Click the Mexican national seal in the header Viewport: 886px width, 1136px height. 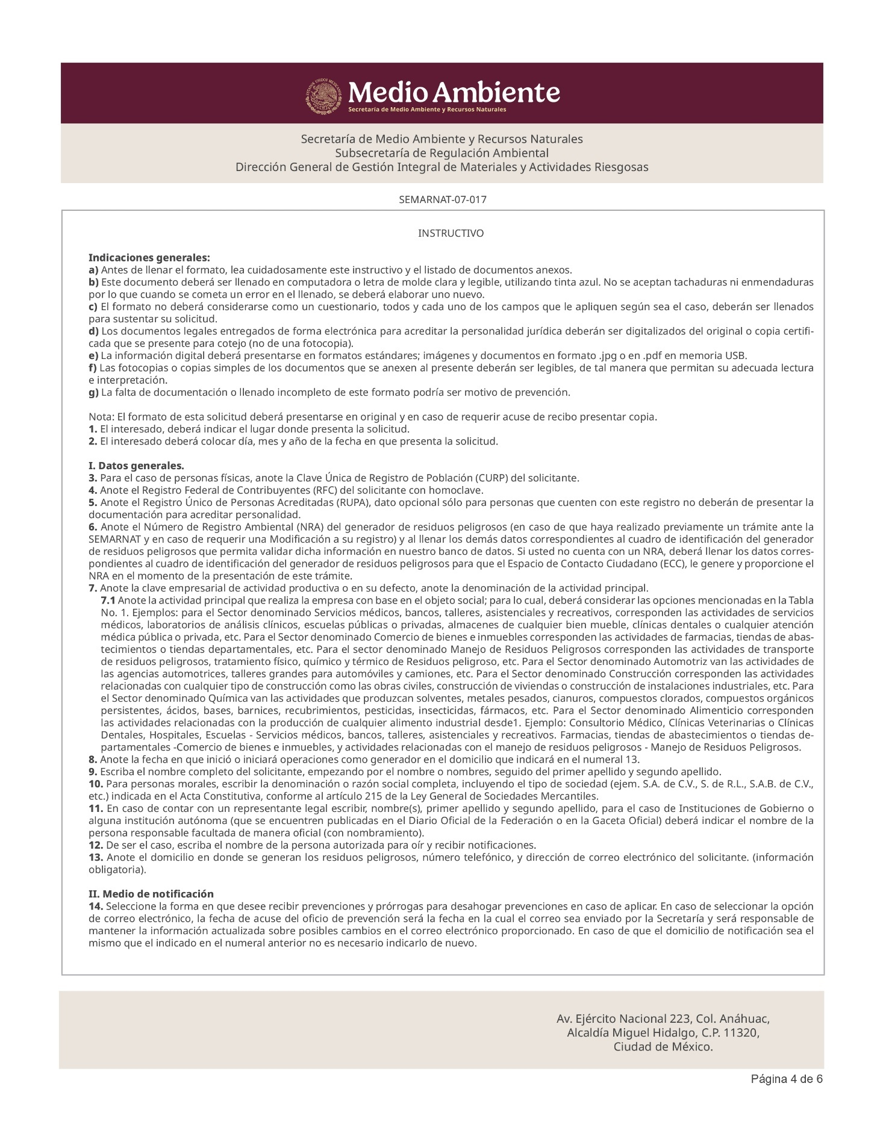coord(325,95)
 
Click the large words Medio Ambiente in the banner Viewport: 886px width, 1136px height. coord(454,92)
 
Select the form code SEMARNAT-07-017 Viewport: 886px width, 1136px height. coord(443,199)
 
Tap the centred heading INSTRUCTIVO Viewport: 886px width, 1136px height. coord(451,233)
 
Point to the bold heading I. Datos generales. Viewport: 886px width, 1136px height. coord(136,466)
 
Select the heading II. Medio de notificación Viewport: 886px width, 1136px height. coord(151,894)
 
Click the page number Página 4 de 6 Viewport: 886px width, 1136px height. coord(787,1078)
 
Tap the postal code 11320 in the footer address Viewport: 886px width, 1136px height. coord(741,1032)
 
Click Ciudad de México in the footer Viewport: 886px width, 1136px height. coord(663,1047)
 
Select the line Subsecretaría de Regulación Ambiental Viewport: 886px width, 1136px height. coord(441,153)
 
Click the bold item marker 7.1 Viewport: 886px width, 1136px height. coord(108,601)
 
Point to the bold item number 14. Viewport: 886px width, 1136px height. coord(96,906)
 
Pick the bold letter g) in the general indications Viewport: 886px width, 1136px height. coord(93,393)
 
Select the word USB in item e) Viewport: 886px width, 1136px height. coord(737,356)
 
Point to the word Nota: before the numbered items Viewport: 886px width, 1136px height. coord(101,417)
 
